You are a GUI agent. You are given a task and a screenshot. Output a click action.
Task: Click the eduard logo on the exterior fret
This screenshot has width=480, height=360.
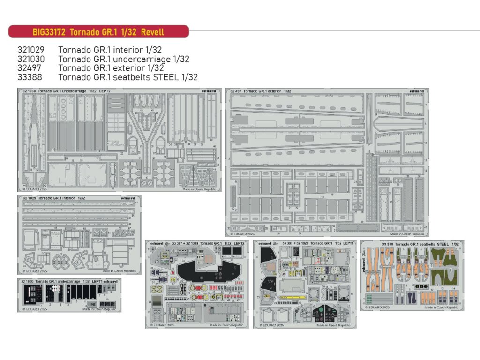click(x=416, y=91)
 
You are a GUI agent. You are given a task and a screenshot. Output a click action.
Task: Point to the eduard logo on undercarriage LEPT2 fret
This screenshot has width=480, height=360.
click(x=210, y=91)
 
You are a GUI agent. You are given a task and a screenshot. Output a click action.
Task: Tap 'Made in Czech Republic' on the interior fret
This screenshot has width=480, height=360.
click(x=118, y=271)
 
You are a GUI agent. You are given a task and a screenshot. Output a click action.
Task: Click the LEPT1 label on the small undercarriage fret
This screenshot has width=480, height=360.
click(x=97, y=281)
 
